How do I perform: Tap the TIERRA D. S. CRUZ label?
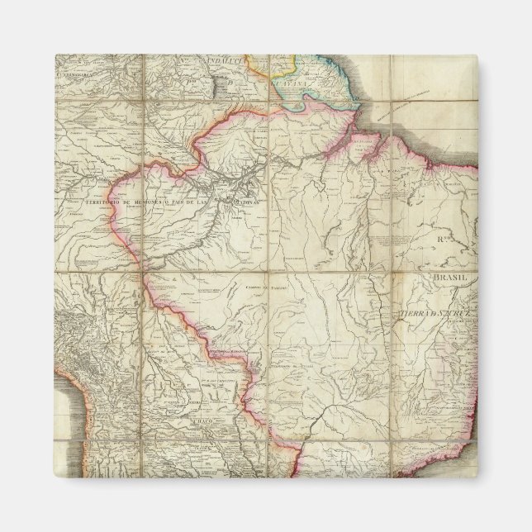[x=434, y=315]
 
